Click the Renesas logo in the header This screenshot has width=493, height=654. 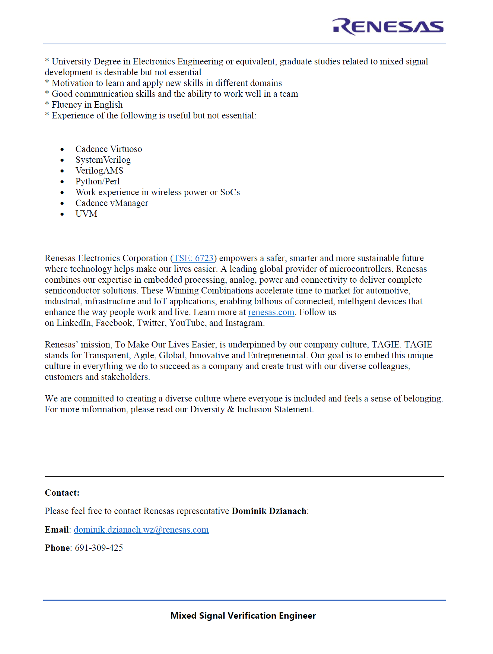(x=388, y=27)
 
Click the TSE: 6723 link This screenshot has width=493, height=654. (x=193, y=258)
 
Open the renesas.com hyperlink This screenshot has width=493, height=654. (x=271, y=312)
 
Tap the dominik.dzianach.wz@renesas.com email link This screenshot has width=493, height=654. (x=141, y=530)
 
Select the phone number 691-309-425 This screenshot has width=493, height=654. (x=99, y=548)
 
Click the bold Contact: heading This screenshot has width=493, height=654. (x=62, y=493)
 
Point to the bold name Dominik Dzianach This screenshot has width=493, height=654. (x=269, y=511)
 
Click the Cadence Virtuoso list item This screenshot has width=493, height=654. (x=109, y=149)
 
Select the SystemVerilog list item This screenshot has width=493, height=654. (x=103, y=160)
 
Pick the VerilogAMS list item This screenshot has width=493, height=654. (x=99, y=171)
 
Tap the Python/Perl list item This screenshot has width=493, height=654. (x=98, y=181)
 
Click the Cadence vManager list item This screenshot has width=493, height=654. (x=112, y=203)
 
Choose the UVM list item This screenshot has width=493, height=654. (x=86, y=214)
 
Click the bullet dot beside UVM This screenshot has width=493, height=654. (x=62, y=214)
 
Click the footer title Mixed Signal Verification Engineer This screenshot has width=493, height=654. (x=243, y=616)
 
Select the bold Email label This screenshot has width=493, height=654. (x=57, y=530)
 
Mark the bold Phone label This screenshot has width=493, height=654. (x=57, y=548)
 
